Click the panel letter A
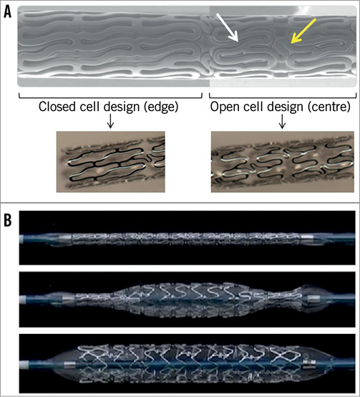tap(8, 12)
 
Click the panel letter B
tap(8, 221)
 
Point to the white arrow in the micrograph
tap(228, 28)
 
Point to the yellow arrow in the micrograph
tap(303, 31)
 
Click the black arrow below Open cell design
tap(282, 122)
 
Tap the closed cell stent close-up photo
tap(110, 162)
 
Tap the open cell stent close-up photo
tap(283, 162)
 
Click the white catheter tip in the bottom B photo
tap(24, 365)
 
